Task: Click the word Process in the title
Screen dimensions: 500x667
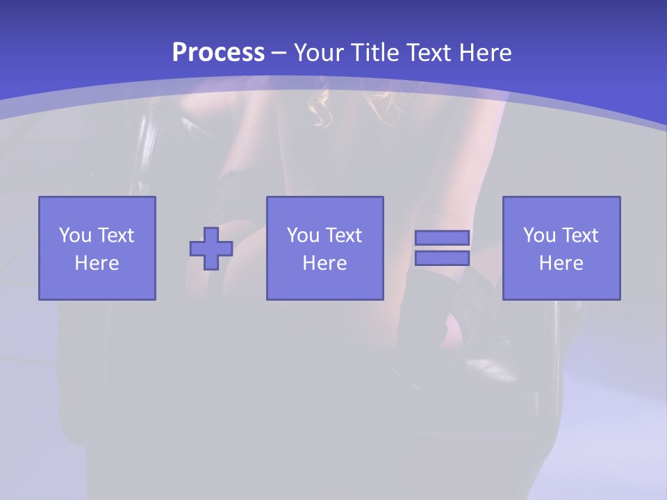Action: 218,53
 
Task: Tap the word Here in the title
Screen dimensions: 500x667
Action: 486,53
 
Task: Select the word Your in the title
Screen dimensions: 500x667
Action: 320,53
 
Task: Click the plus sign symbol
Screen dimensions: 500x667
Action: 211,249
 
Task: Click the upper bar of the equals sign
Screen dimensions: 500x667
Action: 442,238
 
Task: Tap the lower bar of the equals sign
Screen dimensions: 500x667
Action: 442,258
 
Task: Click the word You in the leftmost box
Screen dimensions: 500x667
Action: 75,235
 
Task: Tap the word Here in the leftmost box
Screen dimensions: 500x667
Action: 97,263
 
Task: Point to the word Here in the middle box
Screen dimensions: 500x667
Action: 325,263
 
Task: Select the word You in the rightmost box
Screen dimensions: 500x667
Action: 539,235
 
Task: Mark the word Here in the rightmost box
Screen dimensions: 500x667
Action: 561,263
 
